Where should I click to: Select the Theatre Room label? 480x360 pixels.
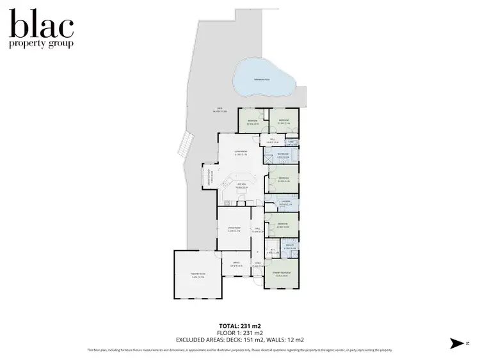coord(197,276)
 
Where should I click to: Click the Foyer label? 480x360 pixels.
coord(257,263)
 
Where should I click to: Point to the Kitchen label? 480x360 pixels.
coord(242,185)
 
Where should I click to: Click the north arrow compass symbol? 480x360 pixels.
coord(457,343)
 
